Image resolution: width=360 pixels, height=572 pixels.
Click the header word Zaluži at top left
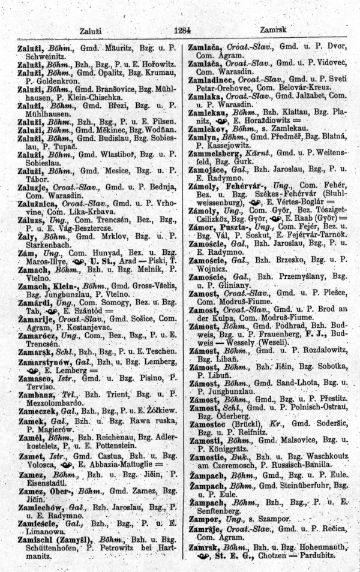92,30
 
